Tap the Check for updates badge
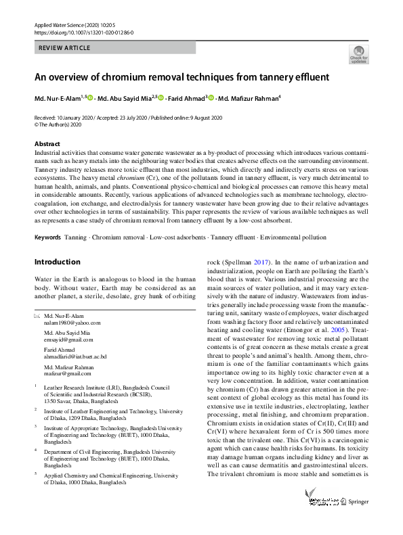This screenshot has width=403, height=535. (358, 53)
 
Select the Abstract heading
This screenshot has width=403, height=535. (47, 144)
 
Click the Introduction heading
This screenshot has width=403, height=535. (57, 243)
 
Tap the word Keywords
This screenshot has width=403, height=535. (47, 218)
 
